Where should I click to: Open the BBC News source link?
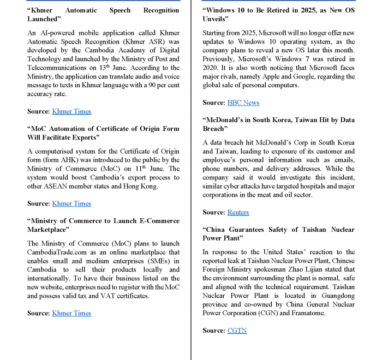pyautogui.click(x=243, y=103)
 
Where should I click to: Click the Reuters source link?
pyautogui.click(x=238, y=212)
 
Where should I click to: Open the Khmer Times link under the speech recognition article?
pyautogui.click(x=71, y=111)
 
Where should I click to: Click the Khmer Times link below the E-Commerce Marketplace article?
pyautogui.click(x=71, y=313)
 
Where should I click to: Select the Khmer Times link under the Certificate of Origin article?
pyautogui.click(x=71, y=203)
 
